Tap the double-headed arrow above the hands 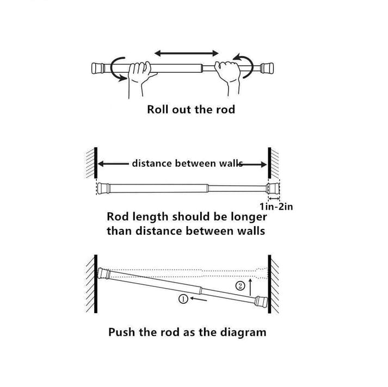(x=186, y=53)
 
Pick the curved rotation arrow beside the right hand (x=243, y=64)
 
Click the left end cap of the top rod (x=98, y=68)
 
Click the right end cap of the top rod (x=266, y=68)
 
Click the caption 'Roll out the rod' (x=191, y=109)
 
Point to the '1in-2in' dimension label (x=276, y=206)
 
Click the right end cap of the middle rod (x=273, y=189)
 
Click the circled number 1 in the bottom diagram (x=183, y=298)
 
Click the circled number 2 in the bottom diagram (x=239, y=286)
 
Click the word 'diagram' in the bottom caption (x=241, y=332)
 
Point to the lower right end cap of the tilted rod (x=261, y=301)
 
